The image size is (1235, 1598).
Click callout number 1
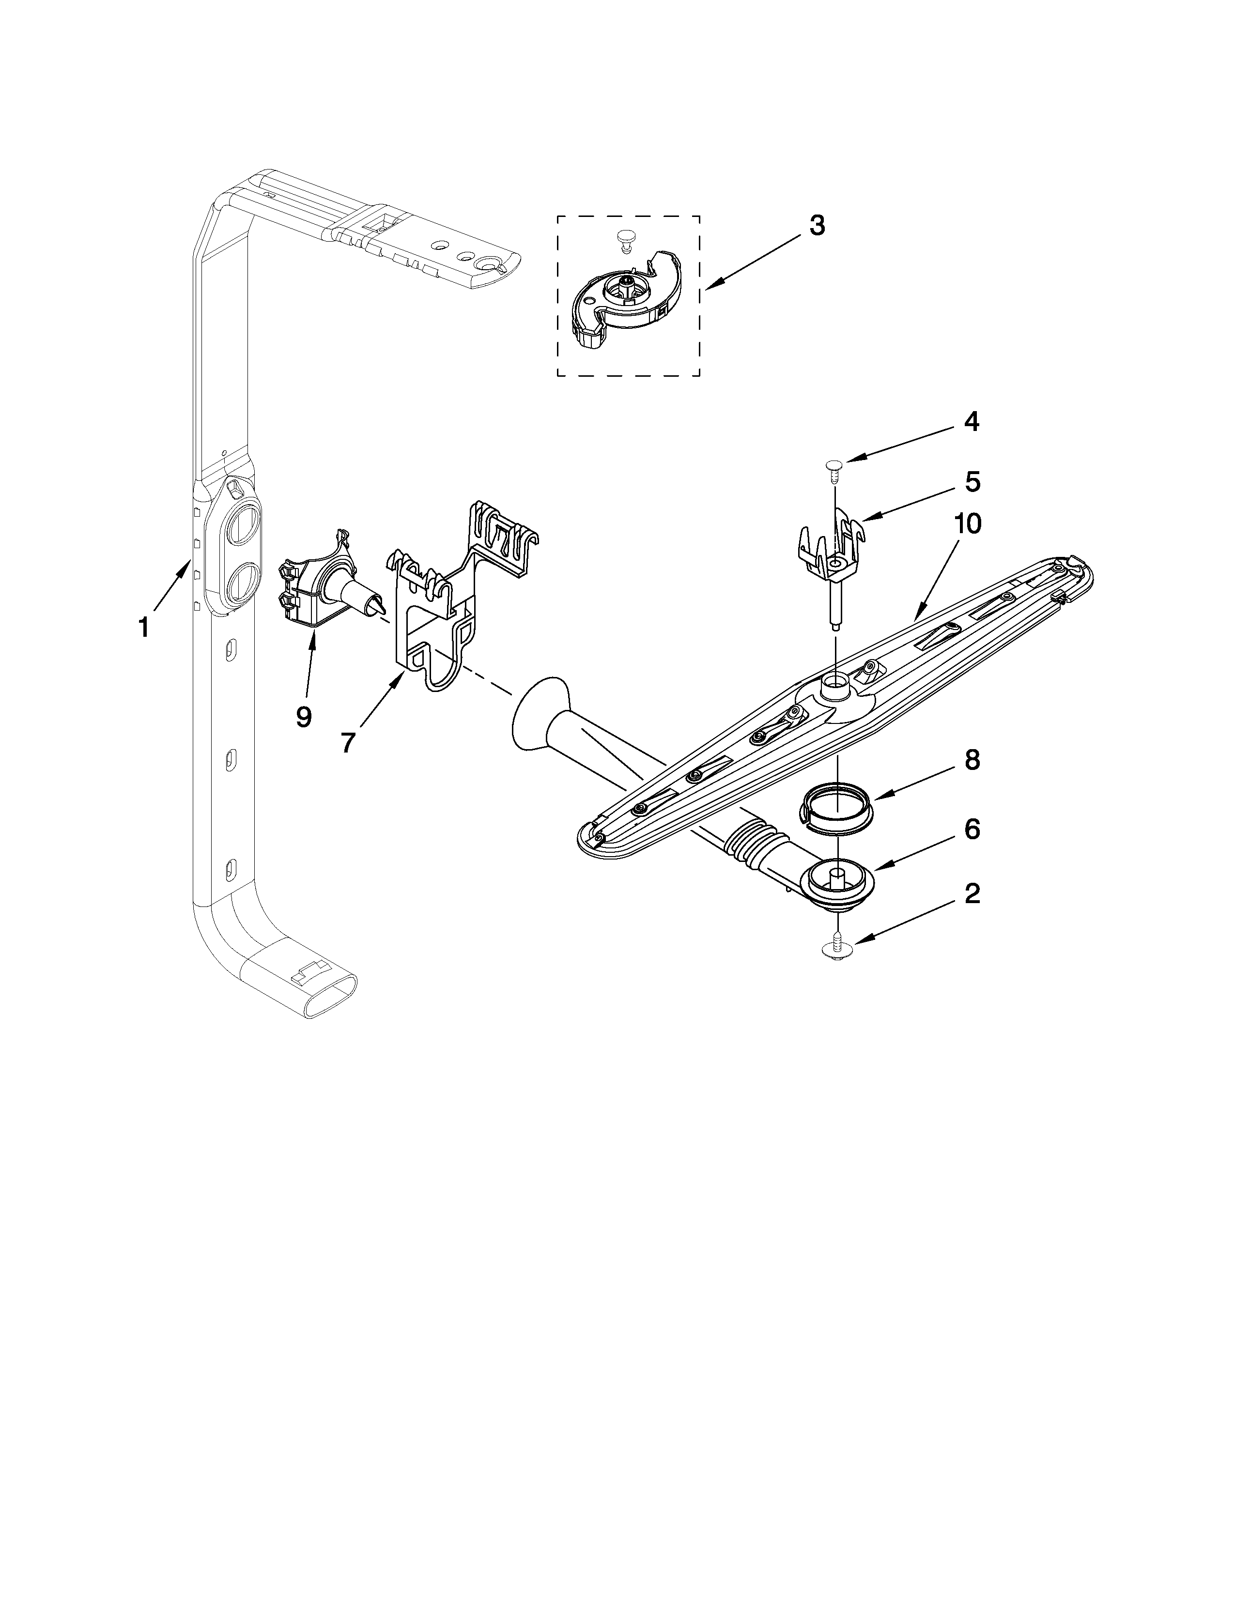pos(144,627)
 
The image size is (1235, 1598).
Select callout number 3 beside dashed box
pos(817,226)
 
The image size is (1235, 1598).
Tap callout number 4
pos(971,422)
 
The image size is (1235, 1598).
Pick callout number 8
pos(972,760)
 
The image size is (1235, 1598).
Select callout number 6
pos(972,829)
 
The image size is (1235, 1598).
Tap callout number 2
pos(972,893)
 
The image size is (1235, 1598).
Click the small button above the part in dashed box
pos(624,238)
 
